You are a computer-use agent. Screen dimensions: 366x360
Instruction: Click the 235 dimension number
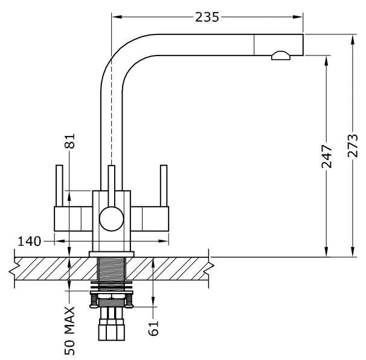click(207, 17)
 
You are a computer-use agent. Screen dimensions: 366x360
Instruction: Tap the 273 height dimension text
click(353, 146)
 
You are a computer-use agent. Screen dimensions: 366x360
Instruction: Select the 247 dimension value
click(327, 156)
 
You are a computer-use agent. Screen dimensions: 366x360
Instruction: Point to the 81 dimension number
click(69, 141)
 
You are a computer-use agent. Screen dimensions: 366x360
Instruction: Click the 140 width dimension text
click(30, 241)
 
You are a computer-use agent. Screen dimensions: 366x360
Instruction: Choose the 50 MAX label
click(69, 330)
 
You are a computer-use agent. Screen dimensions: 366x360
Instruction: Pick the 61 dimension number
click(153, 328)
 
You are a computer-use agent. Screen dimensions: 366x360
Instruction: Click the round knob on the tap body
click(111, 219)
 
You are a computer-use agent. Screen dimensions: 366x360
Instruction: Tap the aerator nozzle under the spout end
click(281, 56)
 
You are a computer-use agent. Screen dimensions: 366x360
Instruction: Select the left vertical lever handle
click(59, 186)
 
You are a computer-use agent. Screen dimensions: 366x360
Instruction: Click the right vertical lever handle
click(164, 186)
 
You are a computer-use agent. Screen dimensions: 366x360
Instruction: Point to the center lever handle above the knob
click(112, 186)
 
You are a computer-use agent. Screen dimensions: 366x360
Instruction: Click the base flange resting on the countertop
click(112, 254)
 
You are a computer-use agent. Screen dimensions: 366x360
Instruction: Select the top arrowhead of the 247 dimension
click(327, 61)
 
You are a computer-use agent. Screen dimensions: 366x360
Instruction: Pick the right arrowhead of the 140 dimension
click(164, 241)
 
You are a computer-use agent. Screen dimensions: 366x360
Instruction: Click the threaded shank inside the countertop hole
click(112, 268)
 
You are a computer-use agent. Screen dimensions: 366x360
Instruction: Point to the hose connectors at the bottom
click(112, 324)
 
